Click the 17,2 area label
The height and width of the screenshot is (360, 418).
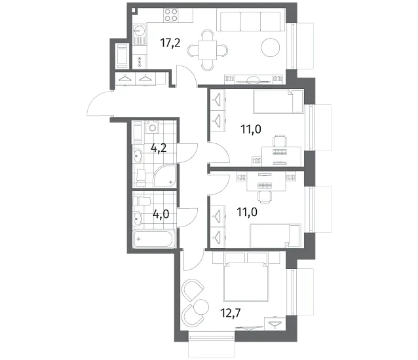pyautogui.click(x=170, y=43)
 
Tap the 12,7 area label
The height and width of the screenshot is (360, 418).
pyautogui.click(x=231, y=313)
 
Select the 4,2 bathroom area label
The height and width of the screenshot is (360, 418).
pyautogui.click(x=159, y=148)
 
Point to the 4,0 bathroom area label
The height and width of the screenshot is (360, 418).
pyautogui.click(x=161, y=214)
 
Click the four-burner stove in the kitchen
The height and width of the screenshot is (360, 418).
pyautogui.click(x=171, y=15)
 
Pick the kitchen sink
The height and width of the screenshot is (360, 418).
pyautogui.click(x=139, y=34)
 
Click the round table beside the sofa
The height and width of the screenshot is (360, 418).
pyautogui.click(x=271, y=48)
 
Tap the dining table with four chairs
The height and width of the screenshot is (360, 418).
pyautogui.click(x=208, y=50)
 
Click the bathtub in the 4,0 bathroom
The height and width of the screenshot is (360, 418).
pyautogui.click(x=155, y=238)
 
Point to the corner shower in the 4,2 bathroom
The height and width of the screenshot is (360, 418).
pyautogui.click(x=165, y=175)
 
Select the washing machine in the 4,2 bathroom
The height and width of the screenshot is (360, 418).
pyautogui.click(x=152, y=127)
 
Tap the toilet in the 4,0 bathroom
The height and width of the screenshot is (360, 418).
pyautogui.click(x=142, y=201)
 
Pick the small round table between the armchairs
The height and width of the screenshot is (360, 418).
pyautogui.click(x=201, y=307)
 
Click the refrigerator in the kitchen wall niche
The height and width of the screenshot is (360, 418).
pyautogui.click(x=123, y=56)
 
